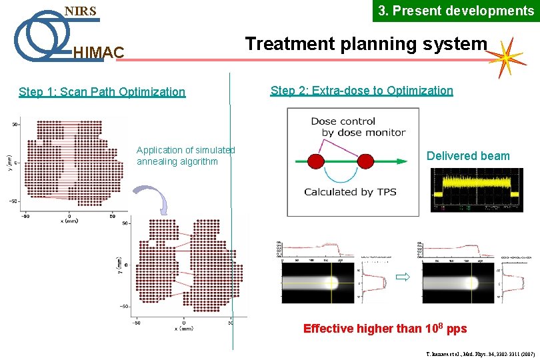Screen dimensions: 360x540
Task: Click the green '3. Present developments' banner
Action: click(x=456, y=11)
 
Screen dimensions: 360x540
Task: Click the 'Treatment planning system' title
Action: click(x=366, y=44)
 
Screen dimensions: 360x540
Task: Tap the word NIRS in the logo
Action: click(x=80, y=11)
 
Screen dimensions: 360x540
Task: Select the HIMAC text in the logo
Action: click(x=98, y=52)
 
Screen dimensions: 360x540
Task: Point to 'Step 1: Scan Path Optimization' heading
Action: click(x=102, y=92)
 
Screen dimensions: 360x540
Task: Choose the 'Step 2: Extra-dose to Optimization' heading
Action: click(x=361, y=91)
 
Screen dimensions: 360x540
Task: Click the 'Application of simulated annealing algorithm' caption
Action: click(x=186, y=156)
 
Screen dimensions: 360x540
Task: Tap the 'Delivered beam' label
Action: click(x=468, y=156)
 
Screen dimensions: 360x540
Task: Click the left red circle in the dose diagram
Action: click(x=315, y=161)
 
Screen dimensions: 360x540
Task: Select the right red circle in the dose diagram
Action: click(x=365, y=161)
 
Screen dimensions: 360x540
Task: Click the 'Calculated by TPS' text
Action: click(x=350, y=192)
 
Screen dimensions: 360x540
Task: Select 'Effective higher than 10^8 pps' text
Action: click(x=385, y=329)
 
